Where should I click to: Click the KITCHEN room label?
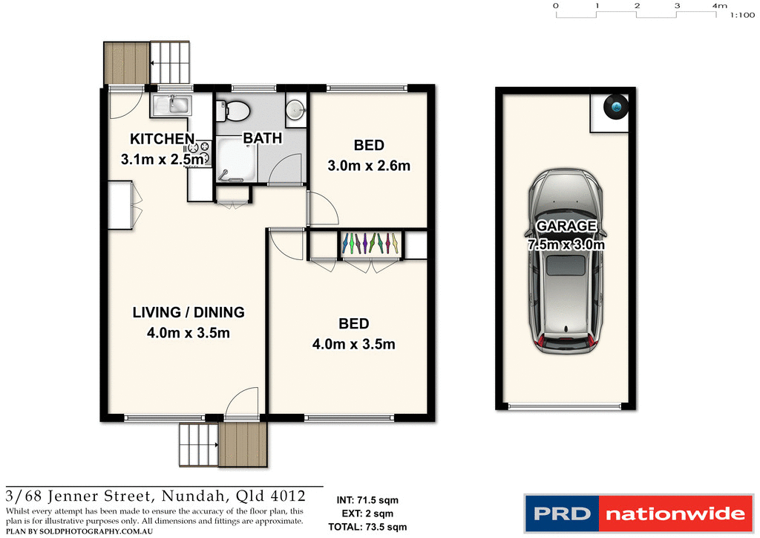coord(162,139)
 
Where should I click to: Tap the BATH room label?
coord(263,138)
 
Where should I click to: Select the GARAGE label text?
coord(566,227)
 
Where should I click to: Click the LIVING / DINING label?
coord(189,313)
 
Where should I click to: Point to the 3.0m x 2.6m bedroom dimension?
coord(369,166)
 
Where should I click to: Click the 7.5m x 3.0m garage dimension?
coord(566,244)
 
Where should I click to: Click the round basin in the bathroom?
coord(295,109)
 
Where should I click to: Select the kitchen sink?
coord(173,105)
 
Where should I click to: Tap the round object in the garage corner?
coord(617,107)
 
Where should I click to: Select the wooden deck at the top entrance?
coord(127,63)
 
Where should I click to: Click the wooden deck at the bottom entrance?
coord(242,444)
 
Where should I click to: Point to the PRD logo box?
coord(562,513)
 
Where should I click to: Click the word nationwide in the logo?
coord(675,513)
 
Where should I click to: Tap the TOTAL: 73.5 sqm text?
coord(367,528)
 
